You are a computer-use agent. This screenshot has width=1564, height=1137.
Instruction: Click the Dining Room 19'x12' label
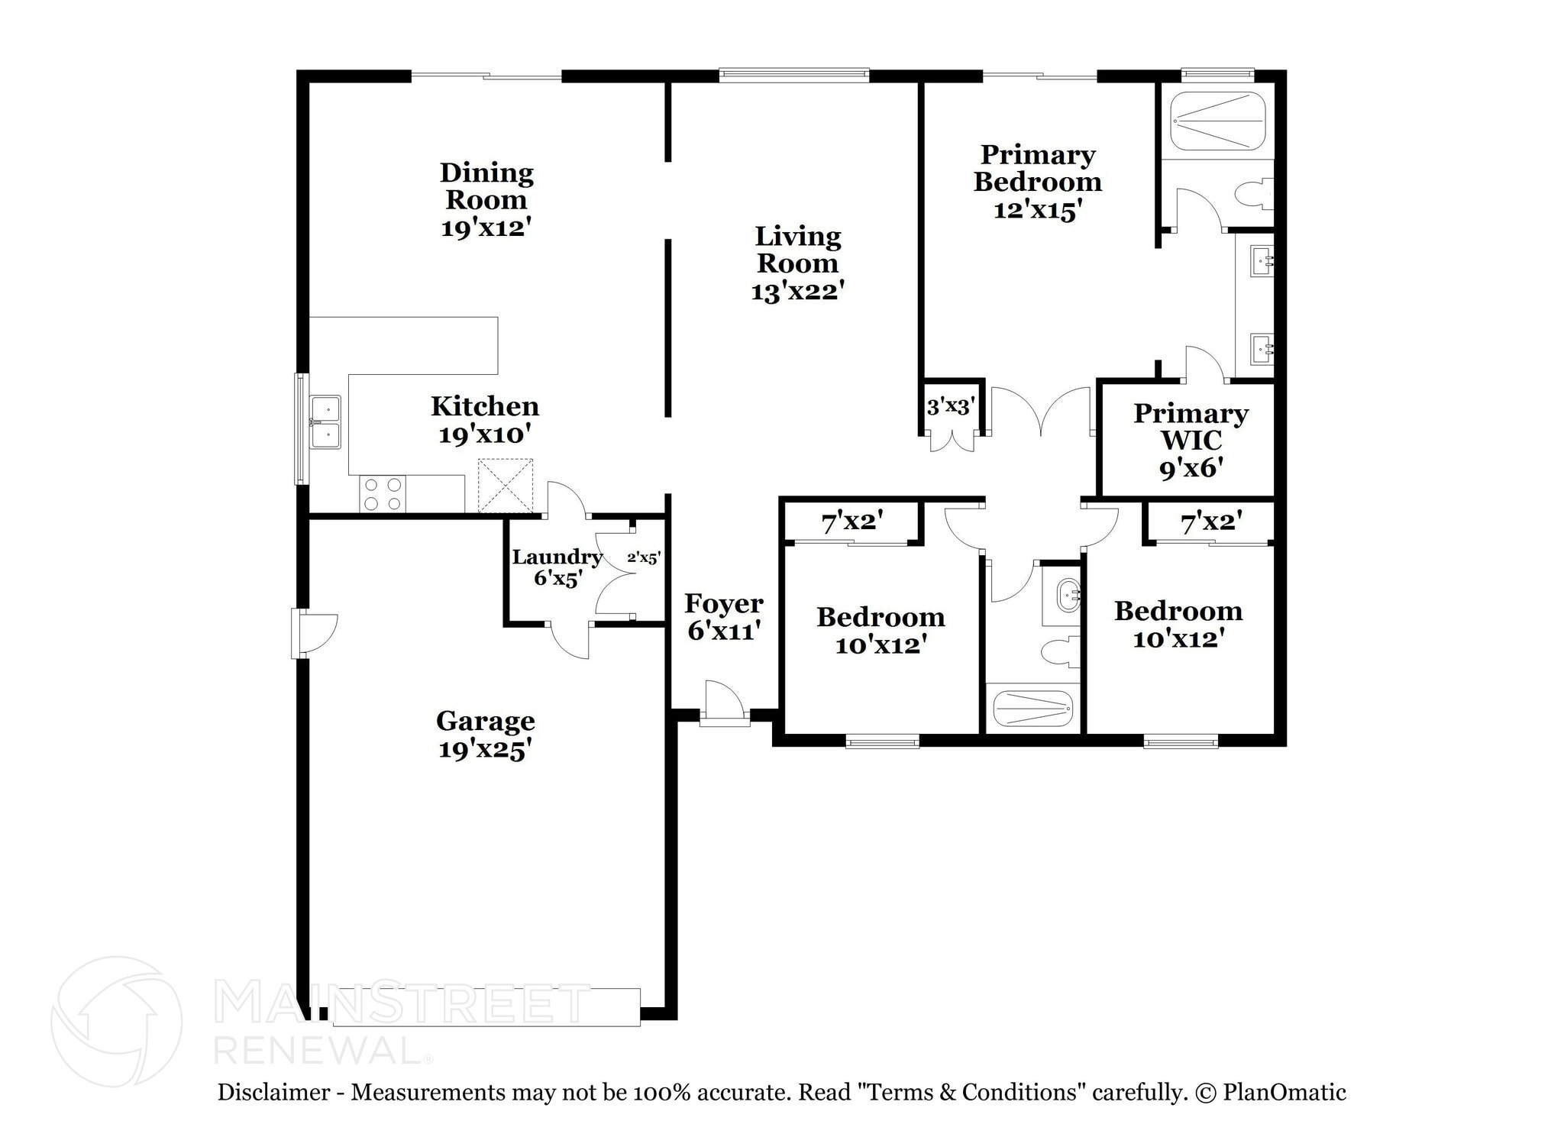click(486, 199)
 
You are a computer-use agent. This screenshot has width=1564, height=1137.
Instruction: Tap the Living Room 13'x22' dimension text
click(797, 291)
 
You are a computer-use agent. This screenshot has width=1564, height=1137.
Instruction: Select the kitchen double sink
click(325, 422)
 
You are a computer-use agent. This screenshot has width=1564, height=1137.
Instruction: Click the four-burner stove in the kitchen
click(383, 493)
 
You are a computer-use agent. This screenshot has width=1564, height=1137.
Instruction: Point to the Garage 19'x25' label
click(485, 735)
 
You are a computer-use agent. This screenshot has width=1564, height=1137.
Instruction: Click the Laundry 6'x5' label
click(557, 567)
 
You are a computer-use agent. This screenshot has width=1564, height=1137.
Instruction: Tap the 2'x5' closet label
click(643, 558)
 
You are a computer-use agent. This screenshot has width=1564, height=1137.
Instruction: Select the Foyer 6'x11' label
click(723, 616)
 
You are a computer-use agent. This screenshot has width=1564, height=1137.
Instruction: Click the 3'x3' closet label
click(950, 407)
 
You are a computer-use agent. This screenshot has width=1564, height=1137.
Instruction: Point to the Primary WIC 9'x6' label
click(1191, 440)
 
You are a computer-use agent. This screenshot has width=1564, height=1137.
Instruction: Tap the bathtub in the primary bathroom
click(1218, 121)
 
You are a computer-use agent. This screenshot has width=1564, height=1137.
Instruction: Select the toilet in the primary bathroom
click(1255, 194)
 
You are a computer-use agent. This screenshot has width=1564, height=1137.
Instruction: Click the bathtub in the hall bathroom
click(1033, 709)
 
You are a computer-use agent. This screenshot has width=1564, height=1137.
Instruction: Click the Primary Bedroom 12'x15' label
click(1038, 182)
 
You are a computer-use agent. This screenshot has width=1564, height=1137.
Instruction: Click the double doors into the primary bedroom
click(1041, 413)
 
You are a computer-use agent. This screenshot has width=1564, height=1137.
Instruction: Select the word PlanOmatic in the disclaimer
click(1284, 1093)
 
